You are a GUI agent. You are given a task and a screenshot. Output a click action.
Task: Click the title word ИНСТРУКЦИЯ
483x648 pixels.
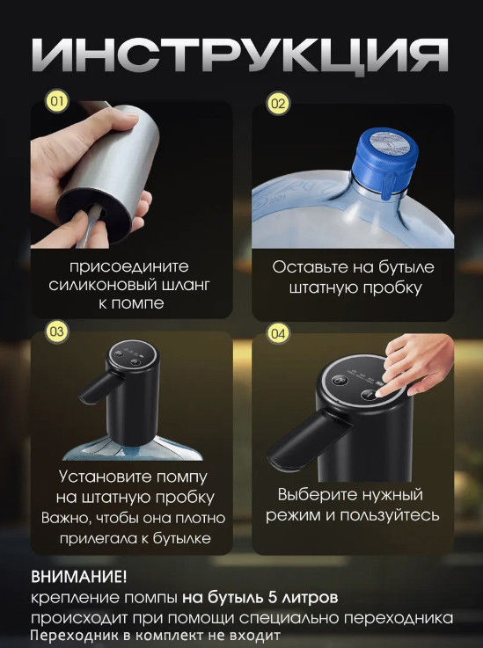240,55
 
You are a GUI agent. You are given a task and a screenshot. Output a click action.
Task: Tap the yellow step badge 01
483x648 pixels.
57,102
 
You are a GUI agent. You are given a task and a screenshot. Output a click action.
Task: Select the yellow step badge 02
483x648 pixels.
278,104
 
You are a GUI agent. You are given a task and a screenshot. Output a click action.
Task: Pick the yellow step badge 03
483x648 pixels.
57,331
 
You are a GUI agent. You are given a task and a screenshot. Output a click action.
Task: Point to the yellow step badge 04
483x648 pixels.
278,333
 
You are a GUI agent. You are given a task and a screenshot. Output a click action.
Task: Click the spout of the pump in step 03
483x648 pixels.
99,387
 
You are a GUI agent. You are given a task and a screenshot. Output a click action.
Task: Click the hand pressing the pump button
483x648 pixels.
413,364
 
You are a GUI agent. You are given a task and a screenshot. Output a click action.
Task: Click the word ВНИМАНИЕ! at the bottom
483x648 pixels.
78,577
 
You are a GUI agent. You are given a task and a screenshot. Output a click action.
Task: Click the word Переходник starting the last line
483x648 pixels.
70,635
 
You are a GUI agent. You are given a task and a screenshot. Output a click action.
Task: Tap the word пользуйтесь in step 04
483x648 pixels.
390,516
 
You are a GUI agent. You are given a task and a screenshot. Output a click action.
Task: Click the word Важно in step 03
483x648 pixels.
66,518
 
